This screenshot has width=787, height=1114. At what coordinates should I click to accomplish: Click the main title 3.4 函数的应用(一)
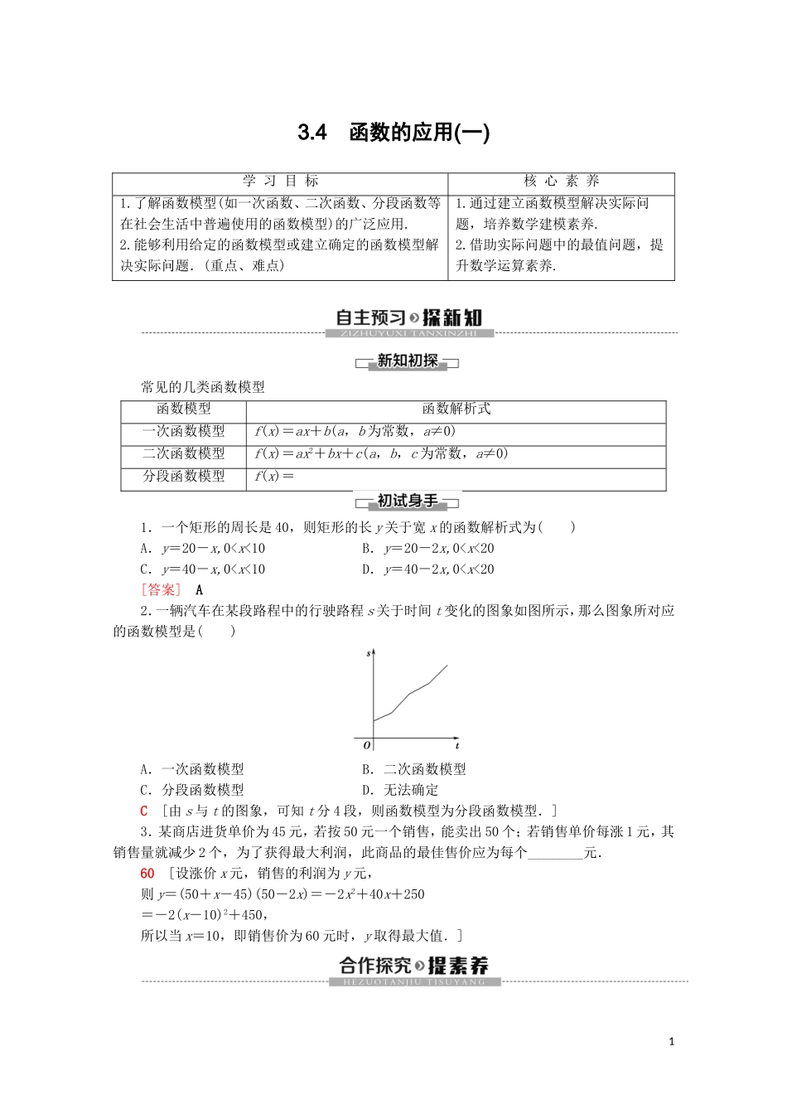393,133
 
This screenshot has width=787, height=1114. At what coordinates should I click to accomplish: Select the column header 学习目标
280,182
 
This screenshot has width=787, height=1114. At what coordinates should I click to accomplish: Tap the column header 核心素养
561,182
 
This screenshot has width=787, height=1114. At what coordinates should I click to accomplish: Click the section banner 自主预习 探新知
408,318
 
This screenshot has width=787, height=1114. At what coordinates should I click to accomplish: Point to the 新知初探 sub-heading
407,361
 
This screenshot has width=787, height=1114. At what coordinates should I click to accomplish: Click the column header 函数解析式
456,409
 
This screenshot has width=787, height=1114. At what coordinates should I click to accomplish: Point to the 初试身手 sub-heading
407,501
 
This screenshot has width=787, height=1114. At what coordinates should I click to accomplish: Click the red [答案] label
161,590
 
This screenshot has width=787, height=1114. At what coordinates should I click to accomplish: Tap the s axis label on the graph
368,655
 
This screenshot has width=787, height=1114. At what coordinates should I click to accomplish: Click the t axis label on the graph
456,746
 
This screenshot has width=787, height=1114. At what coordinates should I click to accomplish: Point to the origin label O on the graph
367,746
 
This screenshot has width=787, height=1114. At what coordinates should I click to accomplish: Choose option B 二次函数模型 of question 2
414,769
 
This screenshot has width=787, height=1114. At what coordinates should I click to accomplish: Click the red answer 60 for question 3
147,874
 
